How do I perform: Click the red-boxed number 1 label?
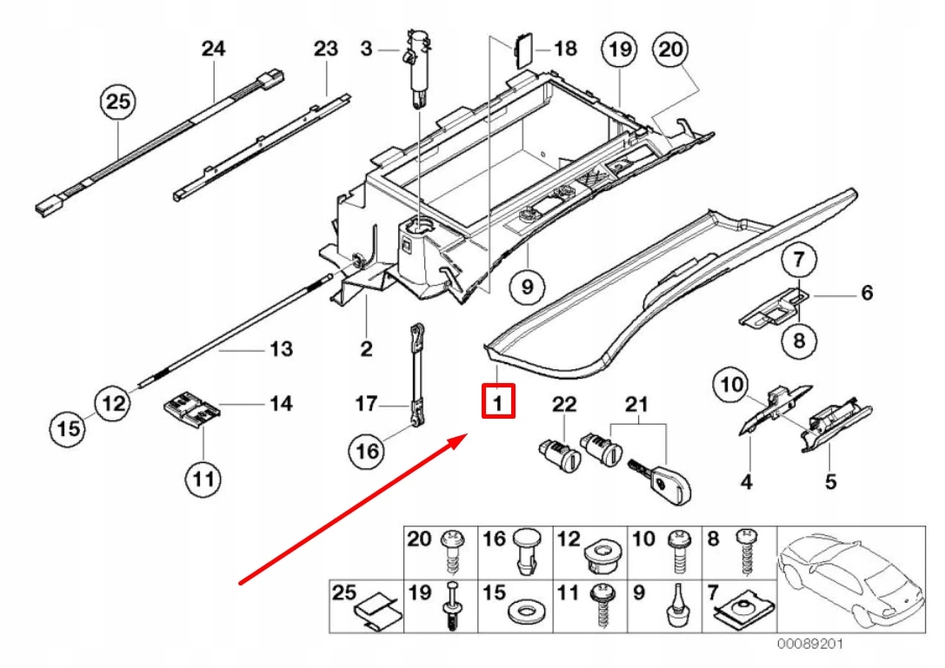point(498,401)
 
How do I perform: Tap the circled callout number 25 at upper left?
point(117,101)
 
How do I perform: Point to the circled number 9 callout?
point(528,286)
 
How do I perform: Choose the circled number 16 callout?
point(367,451)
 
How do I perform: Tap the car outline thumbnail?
point(851,579)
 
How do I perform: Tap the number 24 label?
point(213,48)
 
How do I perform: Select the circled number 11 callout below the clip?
point(203,479)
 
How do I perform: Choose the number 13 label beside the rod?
point(280,348)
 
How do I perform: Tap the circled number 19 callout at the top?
point(620,49)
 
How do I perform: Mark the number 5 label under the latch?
point(830,481)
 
